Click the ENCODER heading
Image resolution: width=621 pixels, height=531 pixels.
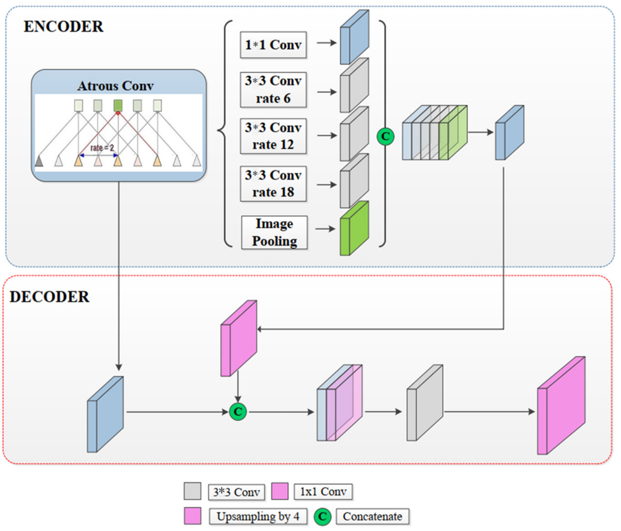(64, 27)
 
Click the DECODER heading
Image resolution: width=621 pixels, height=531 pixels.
(49, 297)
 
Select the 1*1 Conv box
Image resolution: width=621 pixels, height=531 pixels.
(273, 45)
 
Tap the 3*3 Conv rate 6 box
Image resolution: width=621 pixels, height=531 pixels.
(273, 90)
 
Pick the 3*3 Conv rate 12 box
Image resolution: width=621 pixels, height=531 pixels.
(273, 136)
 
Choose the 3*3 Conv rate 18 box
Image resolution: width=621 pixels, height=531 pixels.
(273, 184)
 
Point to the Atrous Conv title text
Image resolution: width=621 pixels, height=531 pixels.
(115, 86)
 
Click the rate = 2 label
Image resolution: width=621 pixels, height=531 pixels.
(102, 148)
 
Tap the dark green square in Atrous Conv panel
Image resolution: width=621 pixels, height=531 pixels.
(118, 105)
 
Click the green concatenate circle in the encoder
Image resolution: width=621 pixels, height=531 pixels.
(385, 137)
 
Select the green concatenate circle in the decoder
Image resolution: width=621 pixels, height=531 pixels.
(238, 412)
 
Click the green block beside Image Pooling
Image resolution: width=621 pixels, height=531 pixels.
(354, 229)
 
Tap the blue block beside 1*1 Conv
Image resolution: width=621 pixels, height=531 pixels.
(354, 37)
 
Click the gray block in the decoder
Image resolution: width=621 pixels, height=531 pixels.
(424, 403)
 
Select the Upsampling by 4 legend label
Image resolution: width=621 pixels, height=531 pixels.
(258, 516)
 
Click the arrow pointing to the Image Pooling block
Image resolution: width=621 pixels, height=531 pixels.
(325, 229)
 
